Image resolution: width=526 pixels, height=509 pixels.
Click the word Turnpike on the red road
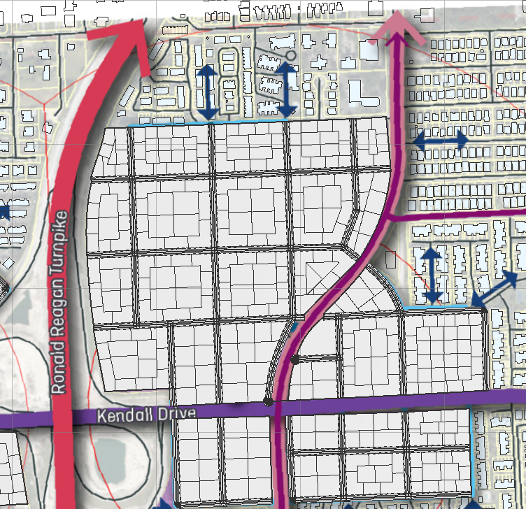(x=61, y=237)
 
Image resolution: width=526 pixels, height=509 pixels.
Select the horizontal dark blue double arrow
(x=441, y=140)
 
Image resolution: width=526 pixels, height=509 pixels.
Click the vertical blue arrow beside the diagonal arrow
(x=432, y=275)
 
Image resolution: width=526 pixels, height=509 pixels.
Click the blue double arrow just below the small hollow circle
(x=286, y=89)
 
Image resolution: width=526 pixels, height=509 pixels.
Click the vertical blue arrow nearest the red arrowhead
(x=207, y=92)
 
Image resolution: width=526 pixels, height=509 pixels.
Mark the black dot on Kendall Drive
(x=268, y=402)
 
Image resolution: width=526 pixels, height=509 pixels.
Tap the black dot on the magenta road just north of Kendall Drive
(x=295, y=359)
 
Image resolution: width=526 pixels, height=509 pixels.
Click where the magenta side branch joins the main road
(x=390, y=219)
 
